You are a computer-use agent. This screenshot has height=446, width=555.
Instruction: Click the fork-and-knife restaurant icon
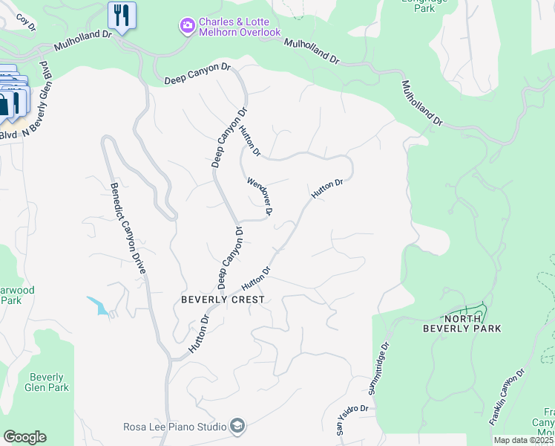(x=122, y=15)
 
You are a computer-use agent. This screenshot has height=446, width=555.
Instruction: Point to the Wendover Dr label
(x=260, y=195)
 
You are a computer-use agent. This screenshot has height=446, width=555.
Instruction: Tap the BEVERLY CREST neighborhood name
(x=223, y=299)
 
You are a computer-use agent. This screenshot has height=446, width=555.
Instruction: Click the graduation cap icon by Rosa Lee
(x=237, y=425)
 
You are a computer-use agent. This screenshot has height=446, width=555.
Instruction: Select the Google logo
(x=24, y=437)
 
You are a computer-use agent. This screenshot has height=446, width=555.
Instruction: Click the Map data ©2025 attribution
(x=523, y=440)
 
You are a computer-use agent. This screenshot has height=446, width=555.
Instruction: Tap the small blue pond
(x=97, y=305)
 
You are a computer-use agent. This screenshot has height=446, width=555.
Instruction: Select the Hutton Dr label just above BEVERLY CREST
(x=254, y=279)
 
